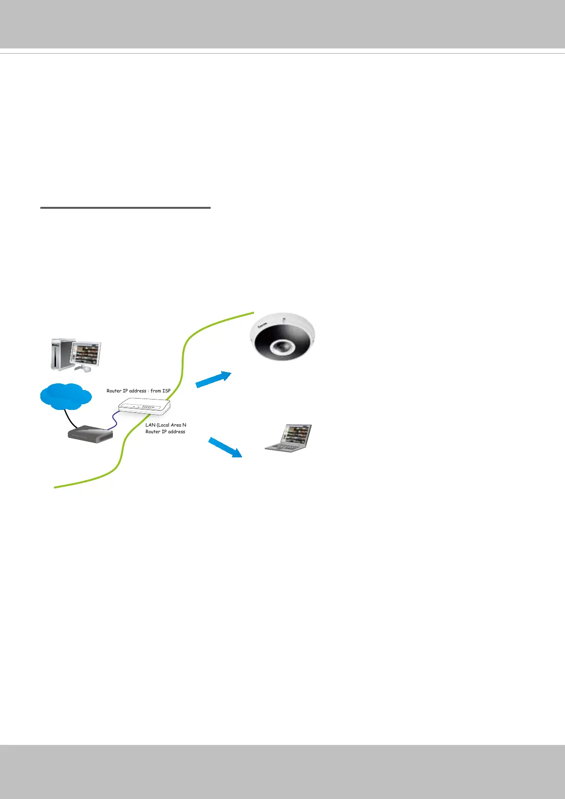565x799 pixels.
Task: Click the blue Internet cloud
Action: (x=65, y=396)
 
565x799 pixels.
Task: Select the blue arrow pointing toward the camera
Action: (x=213, y=380)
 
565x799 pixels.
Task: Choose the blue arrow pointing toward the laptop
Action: (x=225, y=447)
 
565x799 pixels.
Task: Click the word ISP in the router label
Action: (x=167, y=391)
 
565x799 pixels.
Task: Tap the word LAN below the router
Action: (x=150, y=425)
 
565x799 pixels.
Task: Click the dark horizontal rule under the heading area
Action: (x=125, y=208)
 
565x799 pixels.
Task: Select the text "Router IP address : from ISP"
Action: (x=139, y=391)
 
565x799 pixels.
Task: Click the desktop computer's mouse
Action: (x=89, y=369)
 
